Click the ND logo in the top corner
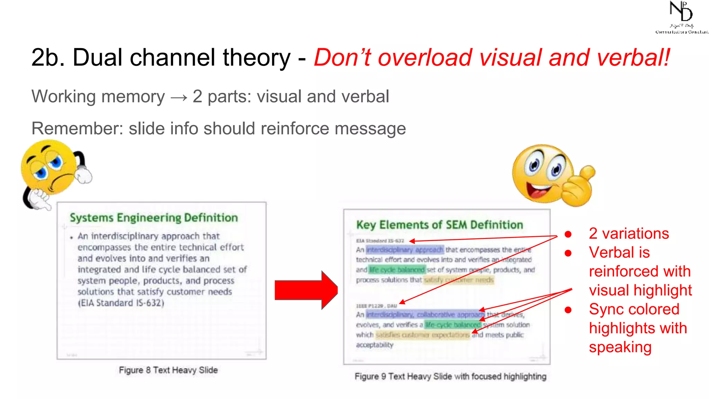[x=681, y=17]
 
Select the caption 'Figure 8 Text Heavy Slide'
[x=168, y=370]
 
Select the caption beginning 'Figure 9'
[x=450, y=376]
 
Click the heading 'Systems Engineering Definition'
[x=154, y=218]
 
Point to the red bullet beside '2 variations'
[x=568, y=234]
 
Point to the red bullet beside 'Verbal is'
[x=568, y=253]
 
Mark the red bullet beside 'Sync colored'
[x=568, y=310]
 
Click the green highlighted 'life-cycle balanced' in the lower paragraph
[x=453, y=325]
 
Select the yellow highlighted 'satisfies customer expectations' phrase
[x=423, y=335]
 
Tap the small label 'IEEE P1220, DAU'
[x=376, y=306]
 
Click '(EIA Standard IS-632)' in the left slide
[x=121, y=303]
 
